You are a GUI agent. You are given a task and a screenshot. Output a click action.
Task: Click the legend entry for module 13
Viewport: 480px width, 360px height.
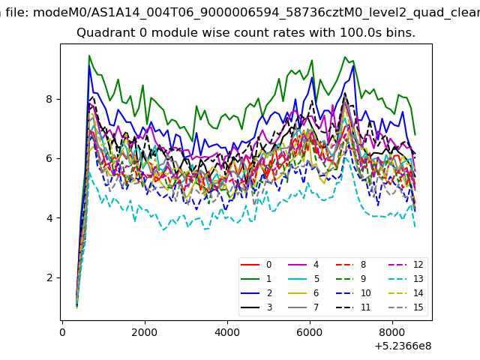coord(405,278)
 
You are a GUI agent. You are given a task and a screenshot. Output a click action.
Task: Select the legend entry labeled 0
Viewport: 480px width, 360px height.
coord(256,265)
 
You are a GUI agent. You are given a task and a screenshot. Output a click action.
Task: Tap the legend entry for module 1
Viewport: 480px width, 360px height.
coord(256,278)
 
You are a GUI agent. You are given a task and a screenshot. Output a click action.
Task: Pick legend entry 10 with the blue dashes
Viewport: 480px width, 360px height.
coord(353,293)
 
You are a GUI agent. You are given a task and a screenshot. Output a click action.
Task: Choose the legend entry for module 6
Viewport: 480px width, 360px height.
coord(304,293)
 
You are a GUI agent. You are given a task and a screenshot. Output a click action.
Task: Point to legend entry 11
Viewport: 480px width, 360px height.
coord(353,307)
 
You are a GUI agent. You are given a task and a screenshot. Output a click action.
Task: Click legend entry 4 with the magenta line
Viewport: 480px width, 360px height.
coord(304,265)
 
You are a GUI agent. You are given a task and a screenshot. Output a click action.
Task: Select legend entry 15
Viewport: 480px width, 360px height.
coord(405,307)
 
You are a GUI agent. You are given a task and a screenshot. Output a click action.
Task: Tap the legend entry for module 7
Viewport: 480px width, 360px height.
coord(304,307)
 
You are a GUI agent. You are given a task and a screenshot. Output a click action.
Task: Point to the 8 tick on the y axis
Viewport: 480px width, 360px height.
coord(49,99)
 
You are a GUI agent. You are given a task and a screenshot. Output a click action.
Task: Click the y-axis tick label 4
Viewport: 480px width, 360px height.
coord(49,218)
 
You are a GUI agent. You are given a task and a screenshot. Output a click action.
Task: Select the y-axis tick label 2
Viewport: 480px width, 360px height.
coord(49,278)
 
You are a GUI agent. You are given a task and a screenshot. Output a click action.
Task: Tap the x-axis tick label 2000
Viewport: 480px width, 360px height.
coord(145,332)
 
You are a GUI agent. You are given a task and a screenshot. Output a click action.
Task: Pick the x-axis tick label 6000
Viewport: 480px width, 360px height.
coord(310,332)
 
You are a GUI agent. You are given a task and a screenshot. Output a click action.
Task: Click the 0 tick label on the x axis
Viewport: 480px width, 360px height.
coord(62,332)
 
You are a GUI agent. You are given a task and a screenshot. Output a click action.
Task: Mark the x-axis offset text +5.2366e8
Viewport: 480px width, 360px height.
coord(403,346)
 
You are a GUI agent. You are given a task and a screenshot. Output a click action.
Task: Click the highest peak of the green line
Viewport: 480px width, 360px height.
coord(89,55)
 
